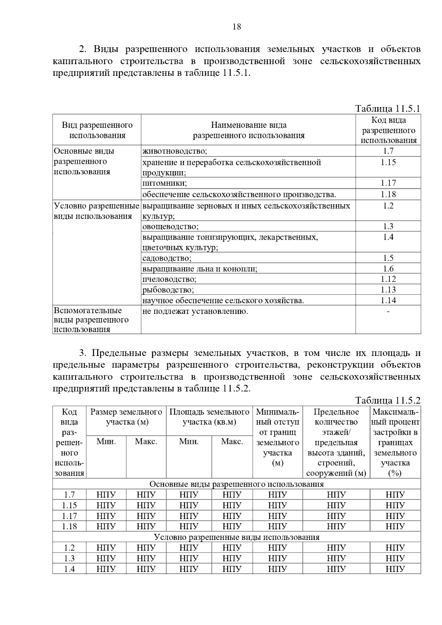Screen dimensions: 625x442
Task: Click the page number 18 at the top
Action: pos(237,27)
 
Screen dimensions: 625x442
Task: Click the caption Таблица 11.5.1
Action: pos(387,109)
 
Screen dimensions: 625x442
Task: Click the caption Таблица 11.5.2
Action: pos(387,400)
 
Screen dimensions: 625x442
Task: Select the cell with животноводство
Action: pos(175,151)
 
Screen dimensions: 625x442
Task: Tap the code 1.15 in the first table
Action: pos(388,162)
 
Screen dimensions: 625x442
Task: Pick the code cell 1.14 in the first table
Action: pos(388,300)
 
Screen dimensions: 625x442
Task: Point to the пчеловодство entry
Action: pos(169,279)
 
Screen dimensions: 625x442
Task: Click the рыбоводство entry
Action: pos(168,290)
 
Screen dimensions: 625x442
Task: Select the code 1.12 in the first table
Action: pos(388,279)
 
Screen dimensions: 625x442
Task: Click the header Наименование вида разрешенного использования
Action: pos(249,130)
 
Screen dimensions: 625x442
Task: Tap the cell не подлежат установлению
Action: pos(195,312)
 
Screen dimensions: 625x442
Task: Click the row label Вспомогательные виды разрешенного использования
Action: pos(91,320)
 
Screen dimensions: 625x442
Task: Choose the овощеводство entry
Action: pos(170,226)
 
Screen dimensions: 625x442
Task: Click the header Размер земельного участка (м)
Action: pos(126,417)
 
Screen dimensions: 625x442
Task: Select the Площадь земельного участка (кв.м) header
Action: pos(209,417)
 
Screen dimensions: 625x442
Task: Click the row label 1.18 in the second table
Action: pos(69,526)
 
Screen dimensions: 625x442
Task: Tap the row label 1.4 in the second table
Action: pos(69,569)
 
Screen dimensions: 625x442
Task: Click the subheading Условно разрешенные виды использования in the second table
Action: pos(236,537)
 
